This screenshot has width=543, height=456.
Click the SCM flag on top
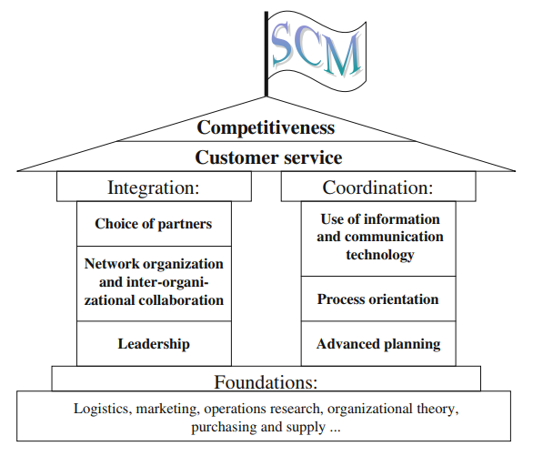point(317,51)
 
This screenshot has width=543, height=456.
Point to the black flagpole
point(266,54)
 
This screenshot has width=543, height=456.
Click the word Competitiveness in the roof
point(266,127)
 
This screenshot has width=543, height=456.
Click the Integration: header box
point(154,187)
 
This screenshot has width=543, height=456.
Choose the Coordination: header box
point(378,187)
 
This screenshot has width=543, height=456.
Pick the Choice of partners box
point(154,224)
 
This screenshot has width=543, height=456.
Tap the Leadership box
point(154,343)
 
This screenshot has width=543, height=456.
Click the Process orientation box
point(378,299)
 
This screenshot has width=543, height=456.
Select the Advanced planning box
point(378,343)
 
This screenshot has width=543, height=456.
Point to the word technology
point(380,255)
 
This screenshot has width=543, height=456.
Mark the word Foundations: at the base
point(266,382)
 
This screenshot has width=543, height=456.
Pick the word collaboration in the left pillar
point(181,300)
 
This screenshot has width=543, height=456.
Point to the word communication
point(394,237)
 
